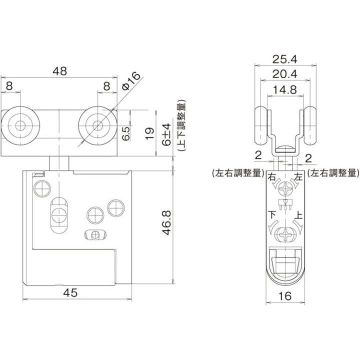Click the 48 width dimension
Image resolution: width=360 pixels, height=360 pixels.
60,71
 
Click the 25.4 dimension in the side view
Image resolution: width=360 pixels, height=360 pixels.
285,59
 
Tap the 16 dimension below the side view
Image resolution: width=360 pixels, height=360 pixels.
285,296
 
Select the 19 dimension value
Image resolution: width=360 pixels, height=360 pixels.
149,133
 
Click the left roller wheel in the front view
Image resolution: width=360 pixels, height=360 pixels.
20,125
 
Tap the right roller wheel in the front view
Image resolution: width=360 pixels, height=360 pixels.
98,124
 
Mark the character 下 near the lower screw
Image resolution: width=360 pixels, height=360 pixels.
272,215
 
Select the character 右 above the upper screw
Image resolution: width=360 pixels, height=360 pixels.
272,177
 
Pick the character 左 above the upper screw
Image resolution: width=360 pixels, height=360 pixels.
299,177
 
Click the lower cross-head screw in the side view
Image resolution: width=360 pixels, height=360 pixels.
285,234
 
